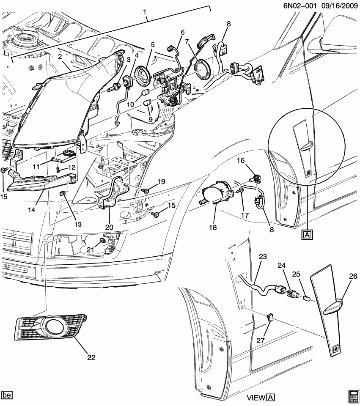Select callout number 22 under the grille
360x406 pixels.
click(x=91, y=357)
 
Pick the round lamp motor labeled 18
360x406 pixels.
click(x=217, y=194)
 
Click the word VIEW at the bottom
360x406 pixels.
click(x=256, y=398)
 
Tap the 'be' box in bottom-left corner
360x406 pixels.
click(x=7, y=395)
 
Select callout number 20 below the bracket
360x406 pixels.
click(x=110, y=227)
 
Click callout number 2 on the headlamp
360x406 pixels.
click(x=60, y=57)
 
